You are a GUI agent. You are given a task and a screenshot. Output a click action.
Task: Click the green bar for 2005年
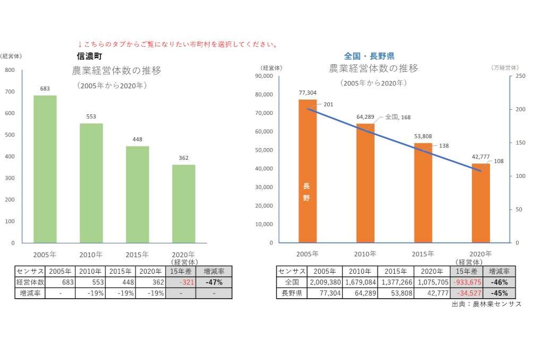(45, 169)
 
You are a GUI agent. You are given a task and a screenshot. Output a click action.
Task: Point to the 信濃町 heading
(89, 56)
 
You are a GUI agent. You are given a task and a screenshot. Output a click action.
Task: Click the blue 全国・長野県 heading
(369, 56)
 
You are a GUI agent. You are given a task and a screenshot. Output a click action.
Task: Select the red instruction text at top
(178, 44)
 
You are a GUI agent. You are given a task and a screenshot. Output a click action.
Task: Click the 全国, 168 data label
(397, 117)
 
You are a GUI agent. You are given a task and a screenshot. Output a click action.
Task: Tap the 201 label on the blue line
(328, 104)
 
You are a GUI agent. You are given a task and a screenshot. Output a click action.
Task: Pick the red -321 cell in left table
(181, 282)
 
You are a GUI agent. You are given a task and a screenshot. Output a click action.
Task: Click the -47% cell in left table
(214, 282)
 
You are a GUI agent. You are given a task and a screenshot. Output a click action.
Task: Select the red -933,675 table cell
(466, 282)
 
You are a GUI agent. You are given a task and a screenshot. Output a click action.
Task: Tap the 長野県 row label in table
(291, 293)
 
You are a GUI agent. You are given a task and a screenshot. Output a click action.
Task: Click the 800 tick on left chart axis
(10, 70)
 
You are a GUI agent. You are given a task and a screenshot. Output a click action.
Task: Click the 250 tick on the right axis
(519, 76)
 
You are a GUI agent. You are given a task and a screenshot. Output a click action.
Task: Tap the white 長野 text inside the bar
(306, 192)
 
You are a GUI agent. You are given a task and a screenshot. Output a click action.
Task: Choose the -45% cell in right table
(499, 293)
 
